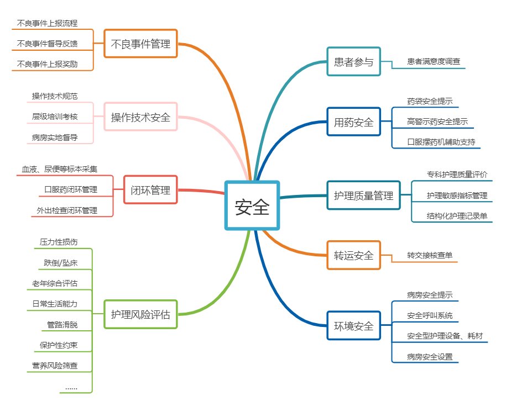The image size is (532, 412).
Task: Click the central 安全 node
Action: pyautogui.click(x=252, y=205)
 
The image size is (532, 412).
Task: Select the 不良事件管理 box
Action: pyautogui.click(x=140, y=44)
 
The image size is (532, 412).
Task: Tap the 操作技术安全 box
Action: pyautogui.click(x=140, y=117)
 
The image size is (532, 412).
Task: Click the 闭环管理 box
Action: pyautogui.click(x=150, y=190)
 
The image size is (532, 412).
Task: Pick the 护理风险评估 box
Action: pyautogui.click(x=140, y=314)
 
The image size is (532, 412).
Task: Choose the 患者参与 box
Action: pyautogui.click(x=354, y=62)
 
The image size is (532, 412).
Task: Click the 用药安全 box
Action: pyautogui.click(x=354, y=122)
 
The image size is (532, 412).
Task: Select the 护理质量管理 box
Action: pyautogui.click(x=363, y=195)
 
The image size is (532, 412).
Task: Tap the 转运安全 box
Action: pyautogui.click(x=354, y=255)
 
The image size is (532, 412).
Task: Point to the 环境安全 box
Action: pyautogui.click(x=354, y=326)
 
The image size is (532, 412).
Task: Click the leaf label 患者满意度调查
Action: pyautogui.click(x=434, y=62)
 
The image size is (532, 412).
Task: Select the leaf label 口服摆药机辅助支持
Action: pyautogui.click(x=441, y=142)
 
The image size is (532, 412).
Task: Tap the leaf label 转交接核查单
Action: pyautogui.click(x=430, y=255)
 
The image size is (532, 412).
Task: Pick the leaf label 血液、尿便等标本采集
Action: pyautogui.click(x=60, y=169)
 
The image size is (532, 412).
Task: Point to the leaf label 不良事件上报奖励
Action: pyautogui.click(x=48, y=64)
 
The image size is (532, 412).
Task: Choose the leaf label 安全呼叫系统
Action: pyautogui.click(x=430, y=315)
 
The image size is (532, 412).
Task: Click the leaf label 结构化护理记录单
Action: pyautogui.click(x=457, y=216)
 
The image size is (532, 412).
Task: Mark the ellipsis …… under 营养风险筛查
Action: pyautogui.click(x=71, y=387)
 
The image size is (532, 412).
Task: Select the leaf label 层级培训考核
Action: pyautogui.click(x=55, y=117)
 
